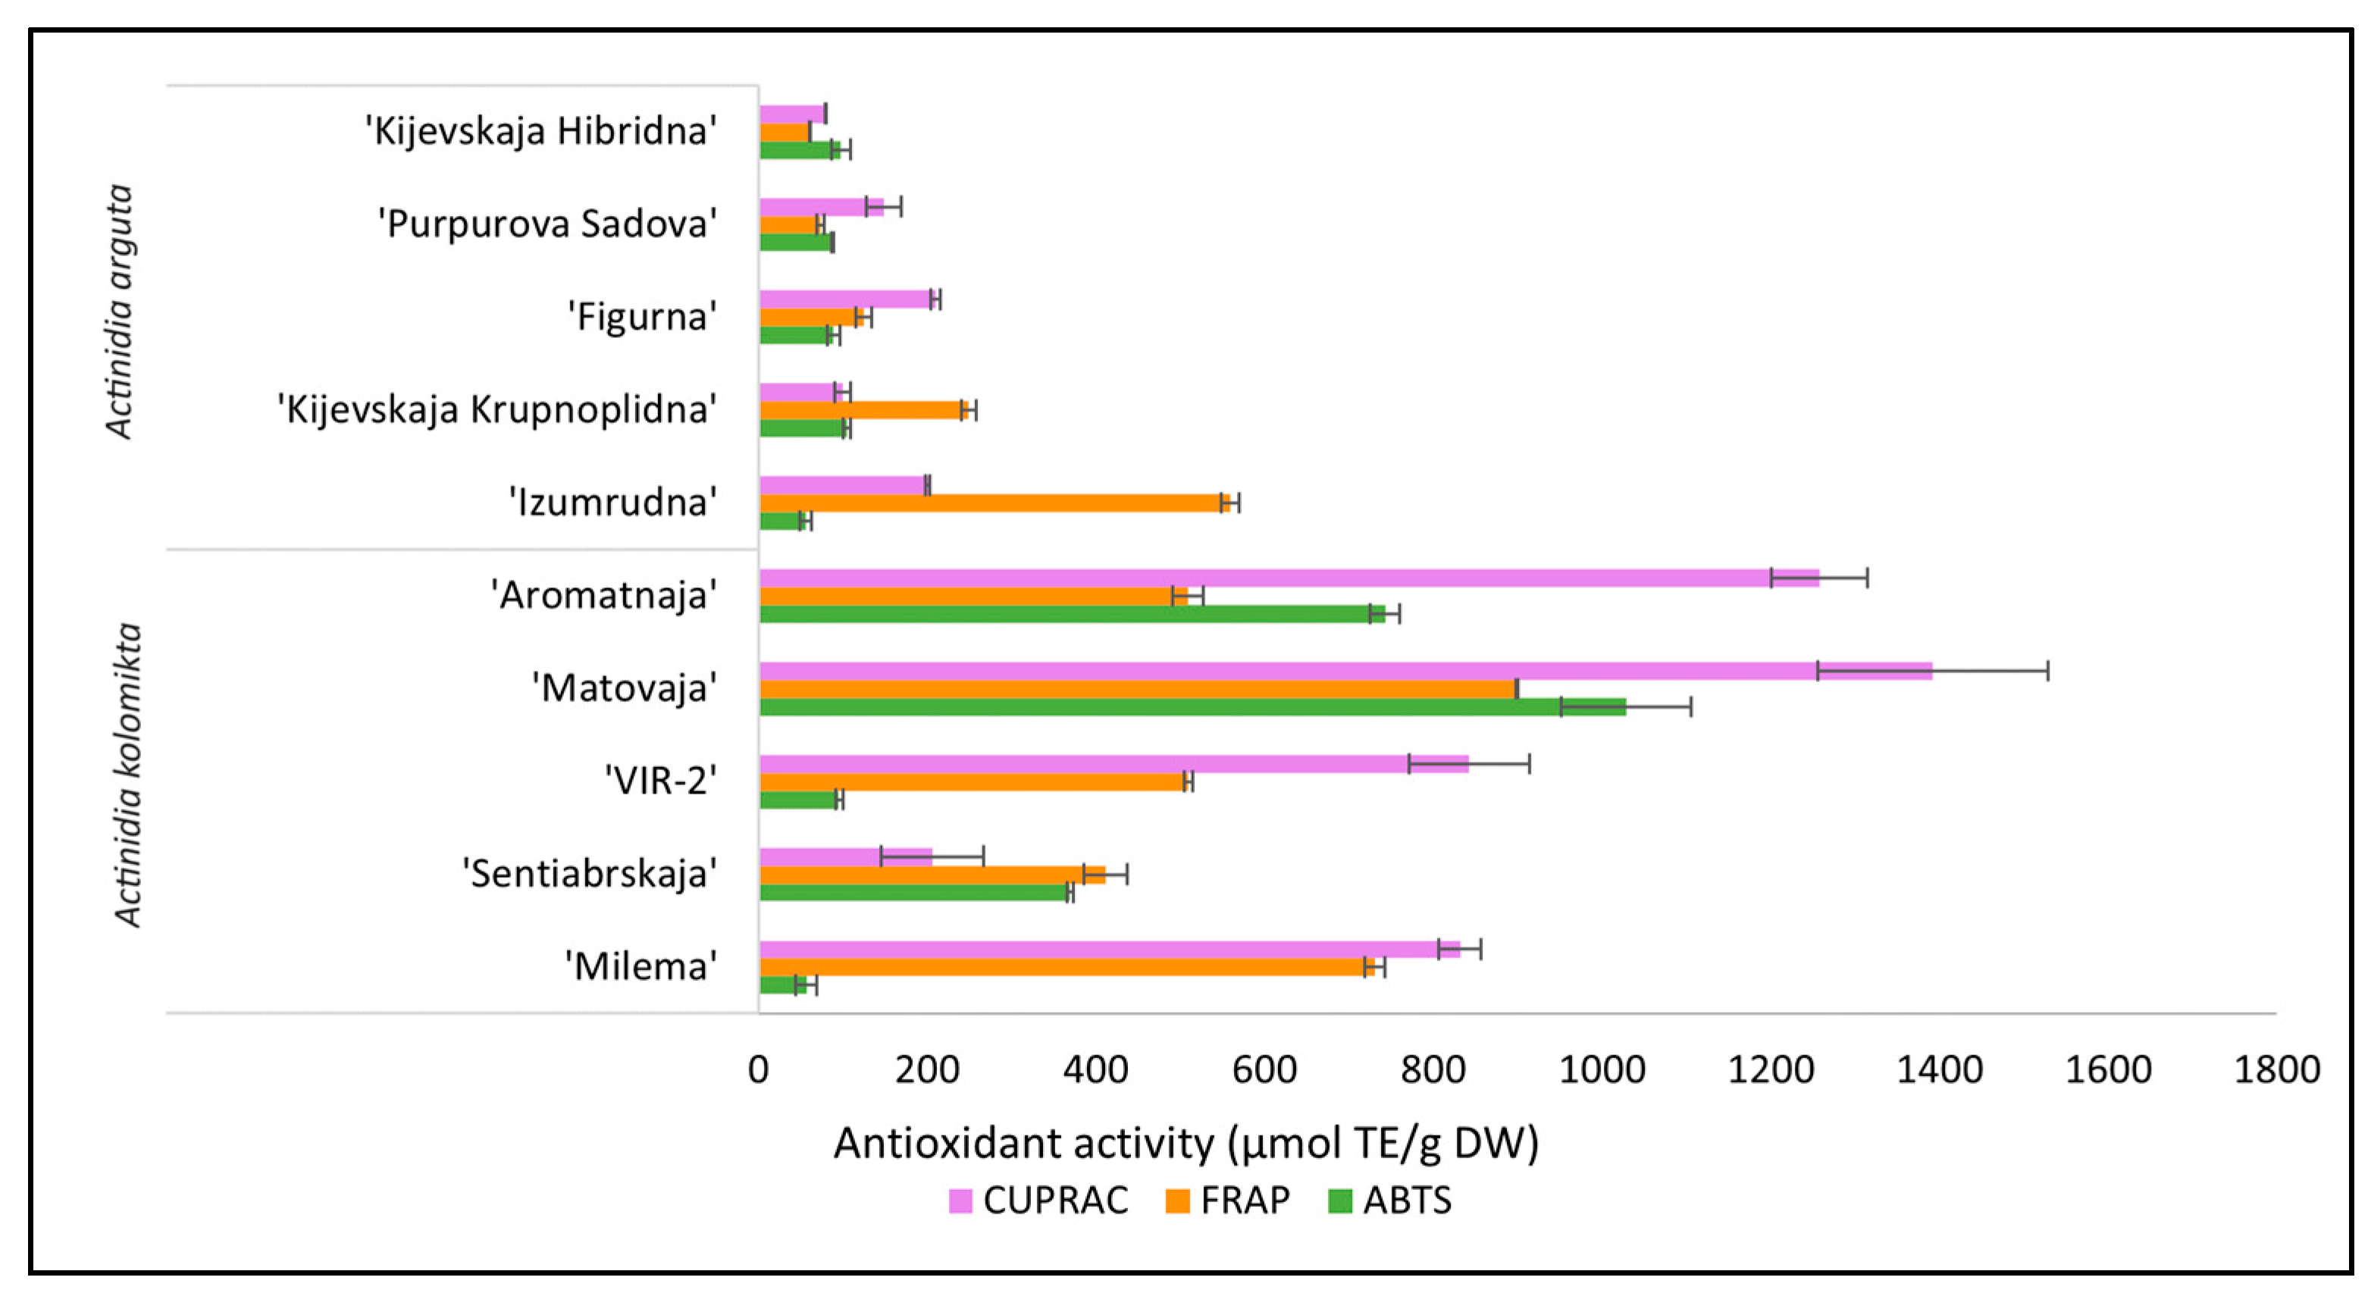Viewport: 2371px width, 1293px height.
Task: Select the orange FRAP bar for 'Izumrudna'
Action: point(994,502)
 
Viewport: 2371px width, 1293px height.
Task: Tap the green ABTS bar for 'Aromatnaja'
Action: point(1073,614)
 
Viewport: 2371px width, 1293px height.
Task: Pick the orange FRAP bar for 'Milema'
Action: point(1066,967)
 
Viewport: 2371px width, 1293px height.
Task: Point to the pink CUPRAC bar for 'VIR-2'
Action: point(1113,764)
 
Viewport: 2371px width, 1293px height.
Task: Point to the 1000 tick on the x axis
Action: point(1602,1070)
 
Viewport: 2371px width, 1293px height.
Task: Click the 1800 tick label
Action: point(2276,1070)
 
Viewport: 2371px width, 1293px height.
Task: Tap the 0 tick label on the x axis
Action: point(759,1070)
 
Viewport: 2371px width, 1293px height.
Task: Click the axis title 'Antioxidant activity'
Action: point(1185,1144)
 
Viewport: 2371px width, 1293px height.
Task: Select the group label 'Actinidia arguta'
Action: point(120,311)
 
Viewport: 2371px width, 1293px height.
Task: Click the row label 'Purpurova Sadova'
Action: point(547,224)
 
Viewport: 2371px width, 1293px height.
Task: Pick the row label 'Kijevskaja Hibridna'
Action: point(541,130)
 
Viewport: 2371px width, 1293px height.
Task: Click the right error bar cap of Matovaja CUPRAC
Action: point(2047,671)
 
